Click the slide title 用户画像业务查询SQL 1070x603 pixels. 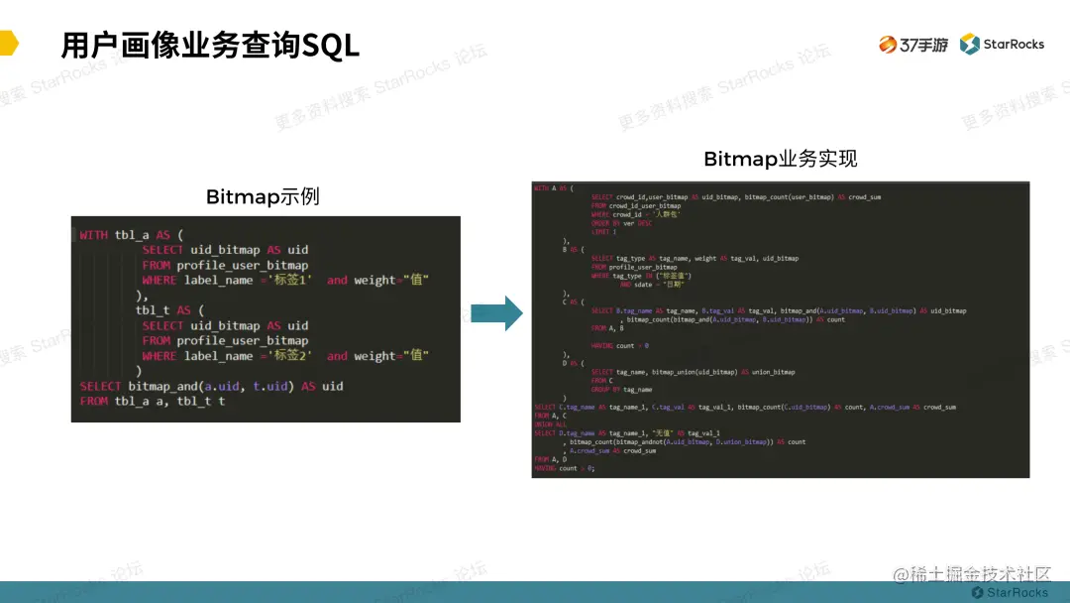tap(209, 46)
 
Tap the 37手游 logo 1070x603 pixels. tap(912, 45)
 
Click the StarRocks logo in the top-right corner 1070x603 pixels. tap(1002, 45)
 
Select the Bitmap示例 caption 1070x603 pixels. tap(263, 196)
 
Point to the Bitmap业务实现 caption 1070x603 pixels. tap(780, 159)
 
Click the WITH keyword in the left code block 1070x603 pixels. tap(94, 235)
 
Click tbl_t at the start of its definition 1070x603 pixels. tap(154, 310)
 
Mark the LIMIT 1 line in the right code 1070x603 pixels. tap(603, 231)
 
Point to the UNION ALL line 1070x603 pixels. tap(550, 424)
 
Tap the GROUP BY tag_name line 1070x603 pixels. tap(621, 390)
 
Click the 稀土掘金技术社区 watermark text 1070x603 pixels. tap(981, 575)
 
